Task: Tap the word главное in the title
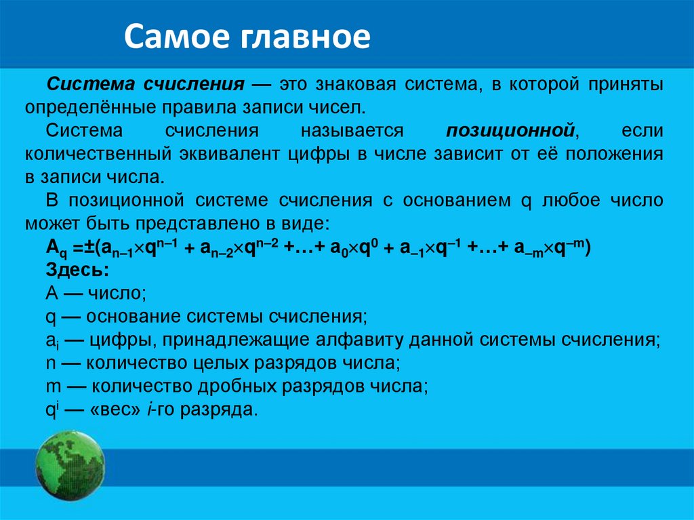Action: pos(306,37)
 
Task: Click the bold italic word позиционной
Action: pos(510,131)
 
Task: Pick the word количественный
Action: pos(98,154)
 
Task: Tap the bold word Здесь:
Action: pos(77,270)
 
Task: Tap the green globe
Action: pos(70,466)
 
